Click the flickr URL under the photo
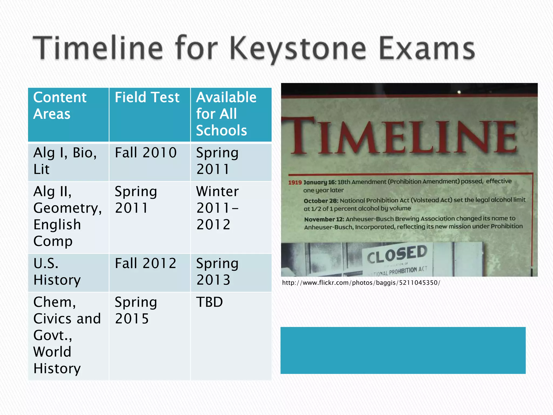(361, 283)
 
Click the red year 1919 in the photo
(295, 182)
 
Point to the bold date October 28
(321, 201)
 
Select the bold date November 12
(324, 219)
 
